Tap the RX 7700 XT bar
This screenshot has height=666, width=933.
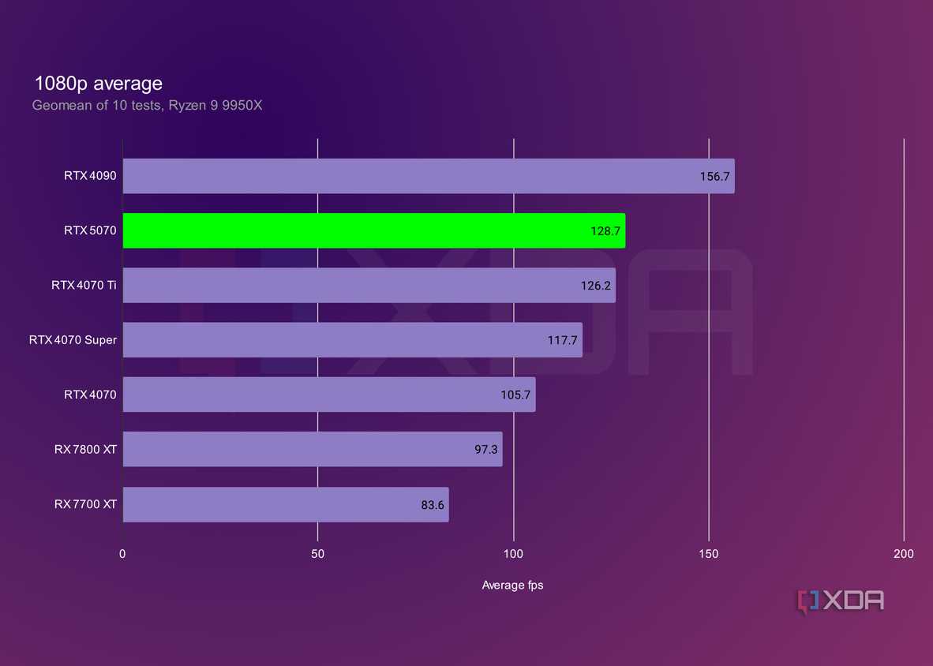[x=285, y=504]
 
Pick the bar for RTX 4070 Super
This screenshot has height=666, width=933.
[x=352, y=340]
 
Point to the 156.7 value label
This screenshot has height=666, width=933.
[x=714, y=177]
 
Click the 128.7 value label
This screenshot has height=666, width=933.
[x=605, y=231]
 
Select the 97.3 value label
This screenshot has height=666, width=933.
[x=482, y=449]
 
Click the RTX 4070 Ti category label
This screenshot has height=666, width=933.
[x=84, y=286]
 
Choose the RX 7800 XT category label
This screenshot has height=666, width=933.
[x=85, y=449]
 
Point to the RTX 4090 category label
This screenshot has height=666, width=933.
[x=90, y=176]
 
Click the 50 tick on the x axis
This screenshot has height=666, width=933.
[x=318, y=554]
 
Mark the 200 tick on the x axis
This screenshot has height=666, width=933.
[x=904, y=554]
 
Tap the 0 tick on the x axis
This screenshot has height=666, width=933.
[x=122, y=554]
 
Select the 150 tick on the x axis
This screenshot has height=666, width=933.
[x=709, y=554]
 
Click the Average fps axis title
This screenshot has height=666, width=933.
[x=512, y=586]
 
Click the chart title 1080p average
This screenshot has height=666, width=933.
[x=99, y=83]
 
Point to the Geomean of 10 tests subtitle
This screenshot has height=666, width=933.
[x=147, y=105]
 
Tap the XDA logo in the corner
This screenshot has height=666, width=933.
[x=841, y=601]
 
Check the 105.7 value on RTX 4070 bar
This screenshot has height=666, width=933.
[x=515, y=395]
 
